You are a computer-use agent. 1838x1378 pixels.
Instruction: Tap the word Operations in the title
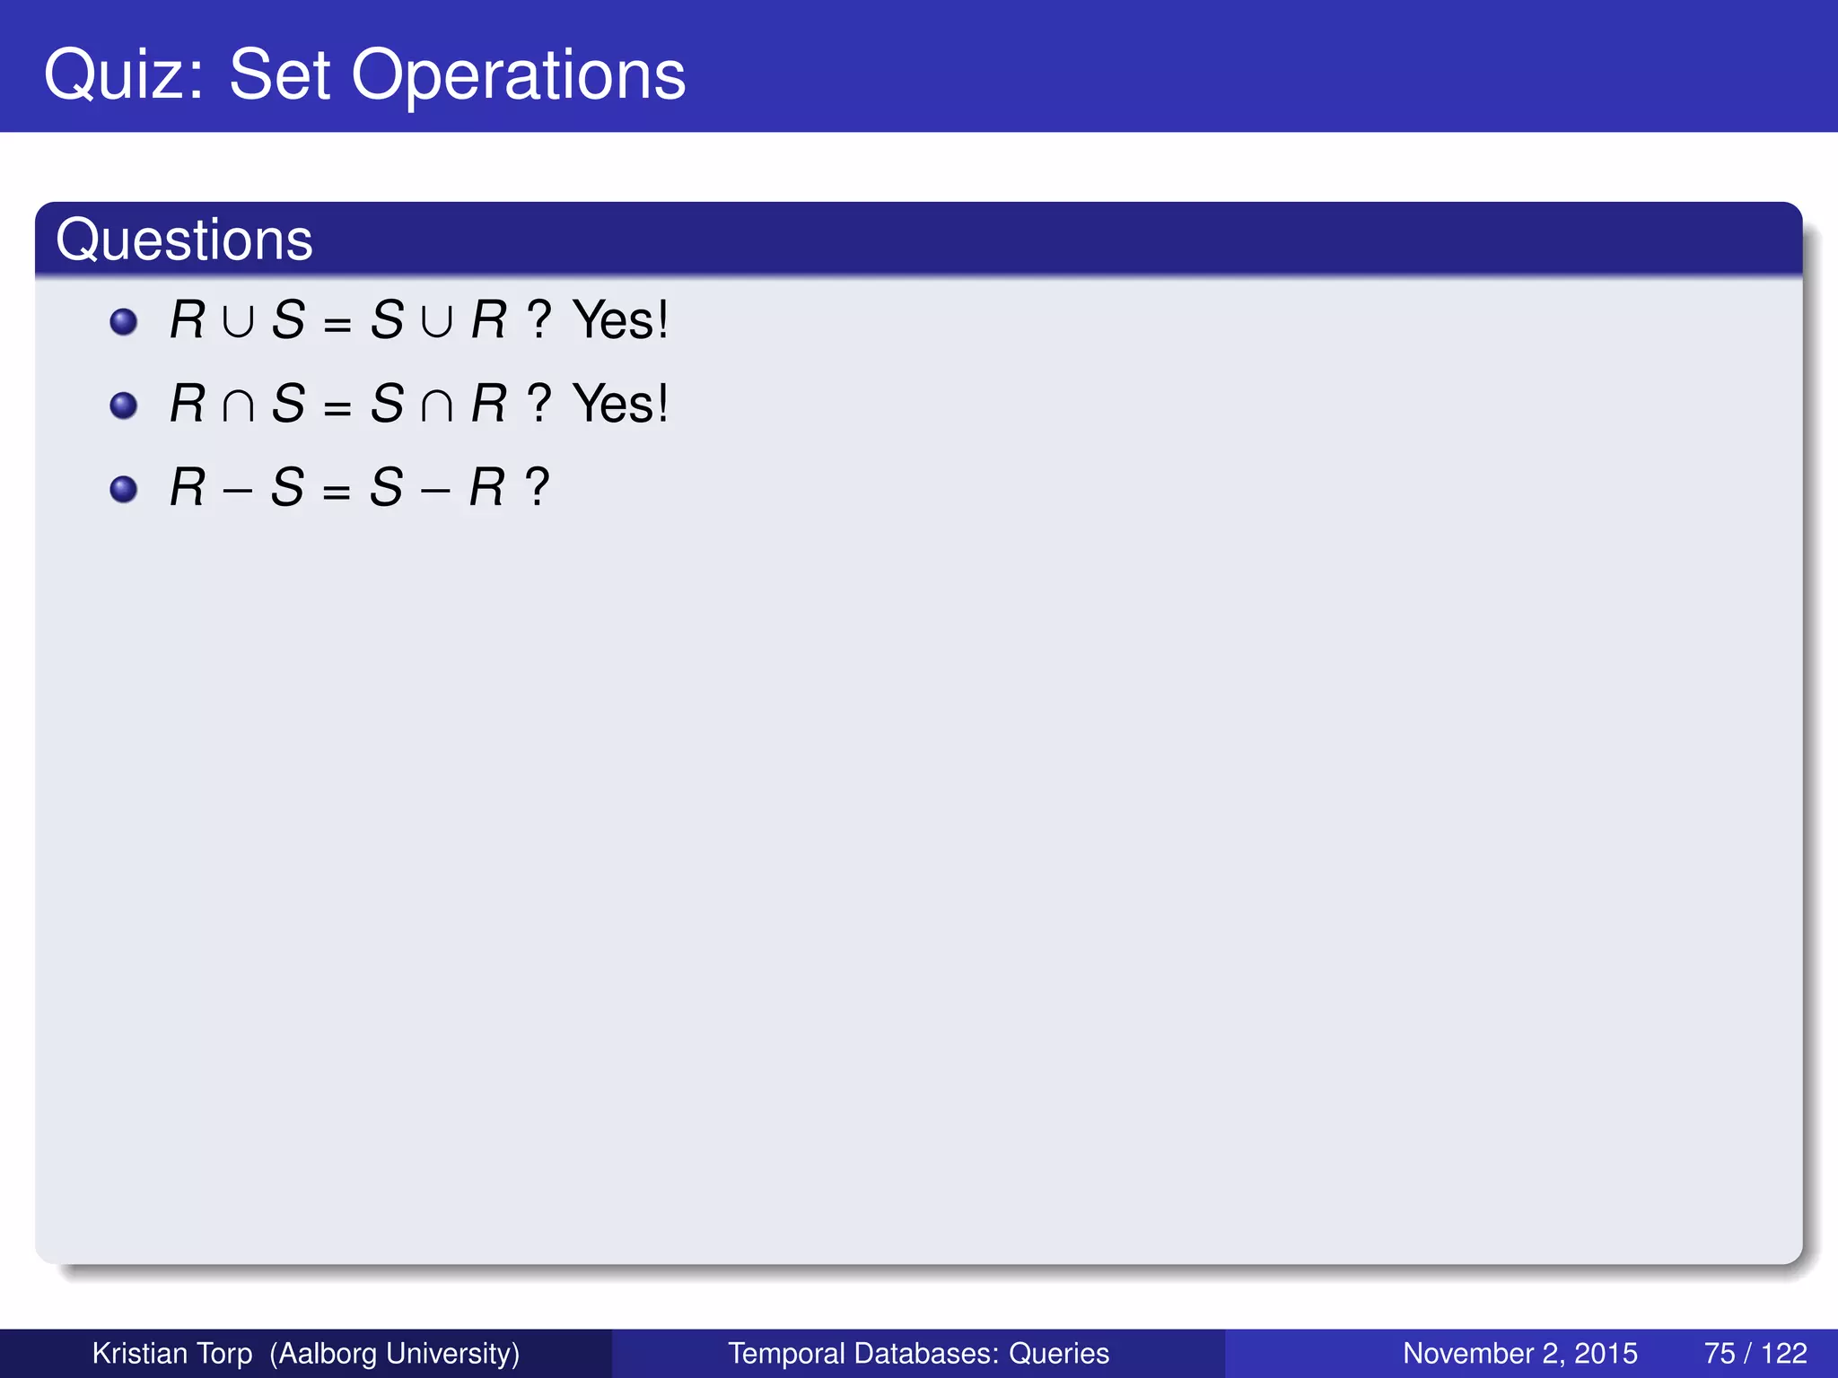coord(518,75)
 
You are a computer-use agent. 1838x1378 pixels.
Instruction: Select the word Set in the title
coord(280,75)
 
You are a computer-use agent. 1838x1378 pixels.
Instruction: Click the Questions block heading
coord(184,240)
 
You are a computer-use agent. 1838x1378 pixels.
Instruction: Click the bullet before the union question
coord(123,321)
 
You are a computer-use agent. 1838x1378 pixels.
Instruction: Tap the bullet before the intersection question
coord(123,406)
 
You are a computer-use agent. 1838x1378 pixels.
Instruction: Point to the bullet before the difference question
coord(123,489)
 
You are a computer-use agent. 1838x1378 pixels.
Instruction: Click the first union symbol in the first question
coord(238,322)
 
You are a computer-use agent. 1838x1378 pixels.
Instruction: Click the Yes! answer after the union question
coord(620,319)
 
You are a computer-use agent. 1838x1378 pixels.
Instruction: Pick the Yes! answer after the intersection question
coord(620,404)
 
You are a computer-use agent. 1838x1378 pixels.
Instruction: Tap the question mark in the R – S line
coord(538,488)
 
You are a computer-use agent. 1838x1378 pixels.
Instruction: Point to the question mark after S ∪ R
coord(538,320)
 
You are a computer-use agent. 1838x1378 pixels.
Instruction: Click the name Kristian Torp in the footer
coord(172,1353)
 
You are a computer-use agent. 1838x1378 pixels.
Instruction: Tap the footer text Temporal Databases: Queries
coord(918,1353)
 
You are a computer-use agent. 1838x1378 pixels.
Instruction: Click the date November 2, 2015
coord(1519,1353)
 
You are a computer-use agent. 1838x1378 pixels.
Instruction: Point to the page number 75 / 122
coord(1755,1353)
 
